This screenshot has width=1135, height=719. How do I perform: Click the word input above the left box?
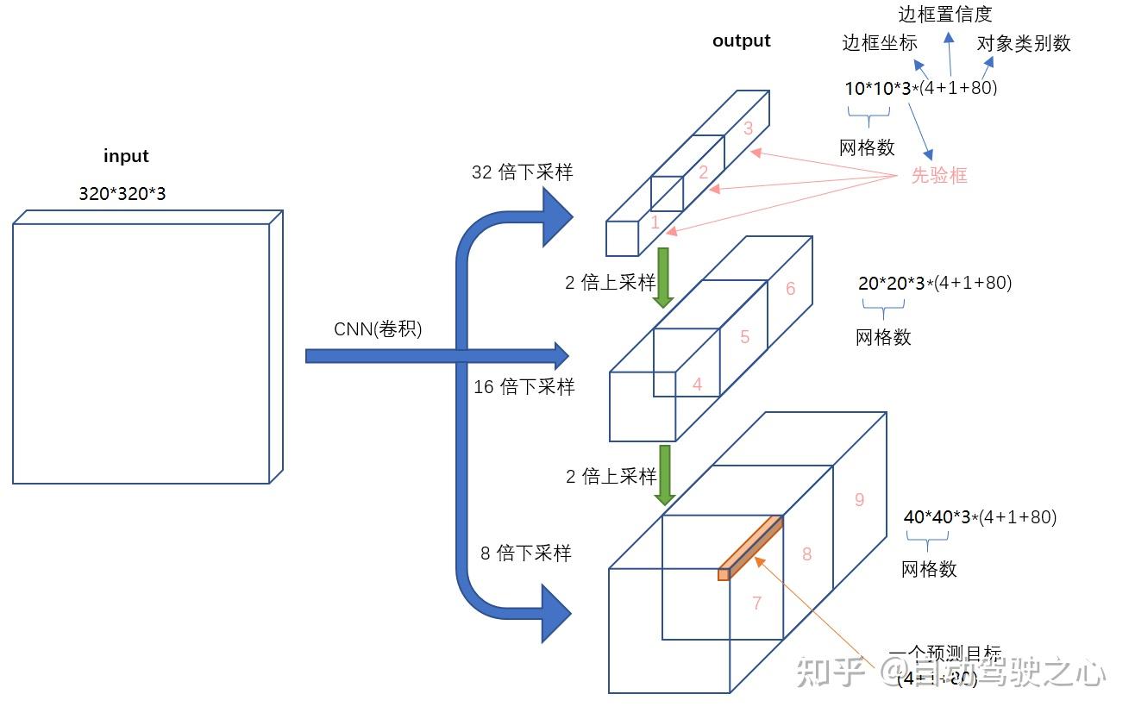click(126, 156)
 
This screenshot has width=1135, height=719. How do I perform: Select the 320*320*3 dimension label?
click(122, 194)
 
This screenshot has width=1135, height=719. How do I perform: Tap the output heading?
click(742, 41)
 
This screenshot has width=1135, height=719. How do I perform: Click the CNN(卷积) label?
click(378, 329)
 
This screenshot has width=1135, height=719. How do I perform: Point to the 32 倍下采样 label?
click(522, 172)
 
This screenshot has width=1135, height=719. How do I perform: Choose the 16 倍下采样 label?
click(524, 387)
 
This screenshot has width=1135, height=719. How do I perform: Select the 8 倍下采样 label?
click(525, 553)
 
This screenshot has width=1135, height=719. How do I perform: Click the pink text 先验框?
click(939, 175)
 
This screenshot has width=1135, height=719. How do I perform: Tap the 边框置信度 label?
click(945, 14)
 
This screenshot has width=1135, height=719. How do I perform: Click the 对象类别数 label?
click(1024, 43)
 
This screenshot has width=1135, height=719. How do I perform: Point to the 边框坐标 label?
click(880, 42)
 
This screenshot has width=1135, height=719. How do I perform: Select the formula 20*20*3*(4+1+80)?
click(935, 283)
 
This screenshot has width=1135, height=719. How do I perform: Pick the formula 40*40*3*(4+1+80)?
click(980, 517)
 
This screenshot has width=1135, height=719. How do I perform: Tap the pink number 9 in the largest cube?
click(859, 499)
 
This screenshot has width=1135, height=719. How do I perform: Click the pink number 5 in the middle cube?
click(745, 337)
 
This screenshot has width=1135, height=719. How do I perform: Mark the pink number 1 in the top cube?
click(655, 222)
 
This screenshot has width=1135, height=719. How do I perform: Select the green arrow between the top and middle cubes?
click(663, 277)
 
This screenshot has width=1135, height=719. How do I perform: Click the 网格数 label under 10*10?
click(867, 147)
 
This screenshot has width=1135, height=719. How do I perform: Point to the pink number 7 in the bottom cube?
click(756, 603)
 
